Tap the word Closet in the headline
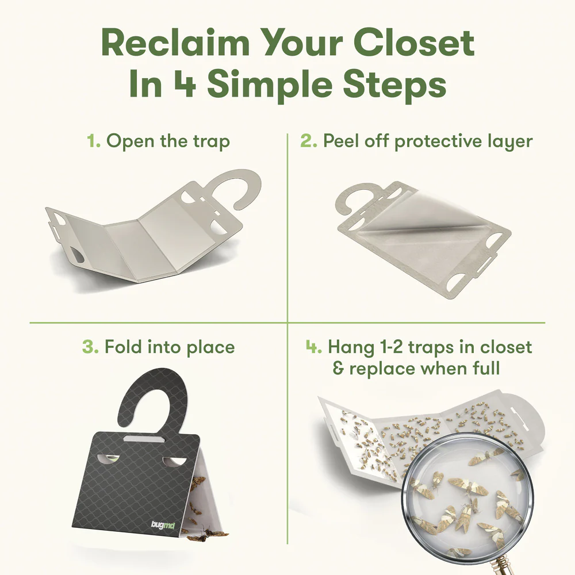click(414, 43)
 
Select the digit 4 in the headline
click(185, 84)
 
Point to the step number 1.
click(94, 141)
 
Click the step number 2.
click(308, 141)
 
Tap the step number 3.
click(90, 347)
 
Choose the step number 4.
click(313, 347)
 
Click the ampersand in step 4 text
click(338, 369)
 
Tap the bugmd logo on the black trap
click(163, 525)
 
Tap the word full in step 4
click(486, 368)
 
